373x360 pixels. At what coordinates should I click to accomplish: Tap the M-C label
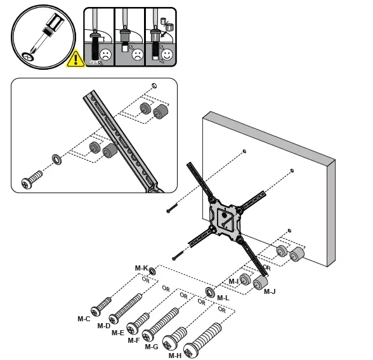point(84,319)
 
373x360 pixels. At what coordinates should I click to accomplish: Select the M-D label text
point(104,326)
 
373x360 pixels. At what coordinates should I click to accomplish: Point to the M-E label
point(118,333)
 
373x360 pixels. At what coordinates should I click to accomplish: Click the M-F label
point(133,340)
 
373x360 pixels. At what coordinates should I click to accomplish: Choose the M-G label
point(152,347)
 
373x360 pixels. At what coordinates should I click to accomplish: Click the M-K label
point(141,269)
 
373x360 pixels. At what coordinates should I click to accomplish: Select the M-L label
point(223,298)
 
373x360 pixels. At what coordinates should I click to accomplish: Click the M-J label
point(270,291)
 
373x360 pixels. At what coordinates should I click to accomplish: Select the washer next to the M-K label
point(153,272)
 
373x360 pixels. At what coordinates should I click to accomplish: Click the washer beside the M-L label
point(208,293)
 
